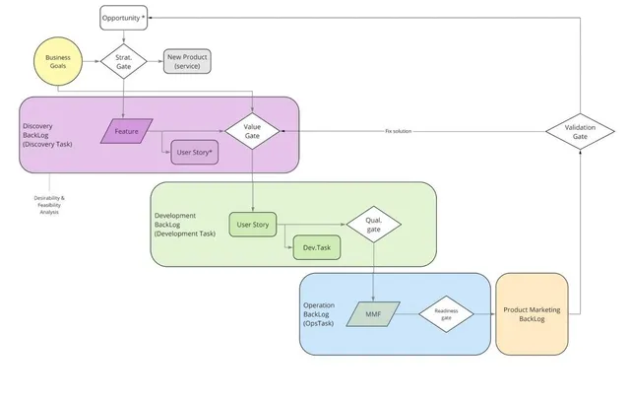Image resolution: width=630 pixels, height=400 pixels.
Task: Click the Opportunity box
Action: click(124, 18)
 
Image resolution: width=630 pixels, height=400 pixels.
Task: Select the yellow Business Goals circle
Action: click(58, 61)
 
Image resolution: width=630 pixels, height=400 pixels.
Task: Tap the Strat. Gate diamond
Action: click(124, 61)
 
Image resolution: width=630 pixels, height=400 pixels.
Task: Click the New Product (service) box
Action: click(187, 61)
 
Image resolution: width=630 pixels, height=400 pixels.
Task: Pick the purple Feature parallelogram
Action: click(127, 131)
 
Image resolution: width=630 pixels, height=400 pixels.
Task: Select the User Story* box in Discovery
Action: click(195, 153)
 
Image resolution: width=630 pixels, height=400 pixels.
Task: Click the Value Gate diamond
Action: click(252, 131)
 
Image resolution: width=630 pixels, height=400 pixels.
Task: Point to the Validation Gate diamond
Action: click(580, 131)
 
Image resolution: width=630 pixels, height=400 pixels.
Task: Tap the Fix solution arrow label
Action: click(398, 131)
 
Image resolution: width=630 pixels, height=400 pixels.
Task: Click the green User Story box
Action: click(253, 225)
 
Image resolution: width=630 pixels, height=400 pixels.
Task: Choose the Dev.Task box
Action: click(317, 247)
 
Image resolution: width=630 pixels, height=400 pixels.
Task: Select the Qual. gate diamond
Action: click(374, 225)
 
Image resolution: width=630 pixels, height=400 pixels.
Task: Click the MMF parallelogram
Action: click(373, 314)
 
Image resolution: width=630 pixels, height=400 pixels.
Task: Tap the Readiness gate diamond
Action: click(446, 314)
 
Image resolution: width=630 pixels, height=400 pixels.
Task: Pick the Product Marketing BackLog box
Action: click(532, 314)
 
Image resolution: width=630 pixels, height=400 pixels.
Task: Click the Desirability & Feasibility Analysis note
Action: click(49, 205)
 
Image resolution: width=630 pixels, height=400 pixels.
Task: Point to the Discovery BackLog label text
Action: click(47, 135)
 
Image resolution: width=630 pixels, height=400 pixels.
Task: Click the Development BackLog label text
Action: click(185, 225)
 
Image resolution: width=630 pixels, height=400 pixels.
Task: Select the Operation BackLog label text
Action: click(319, 314)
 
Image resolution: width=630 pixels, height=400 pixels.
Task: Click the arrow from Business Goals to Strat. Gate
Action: click(92, 61)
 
